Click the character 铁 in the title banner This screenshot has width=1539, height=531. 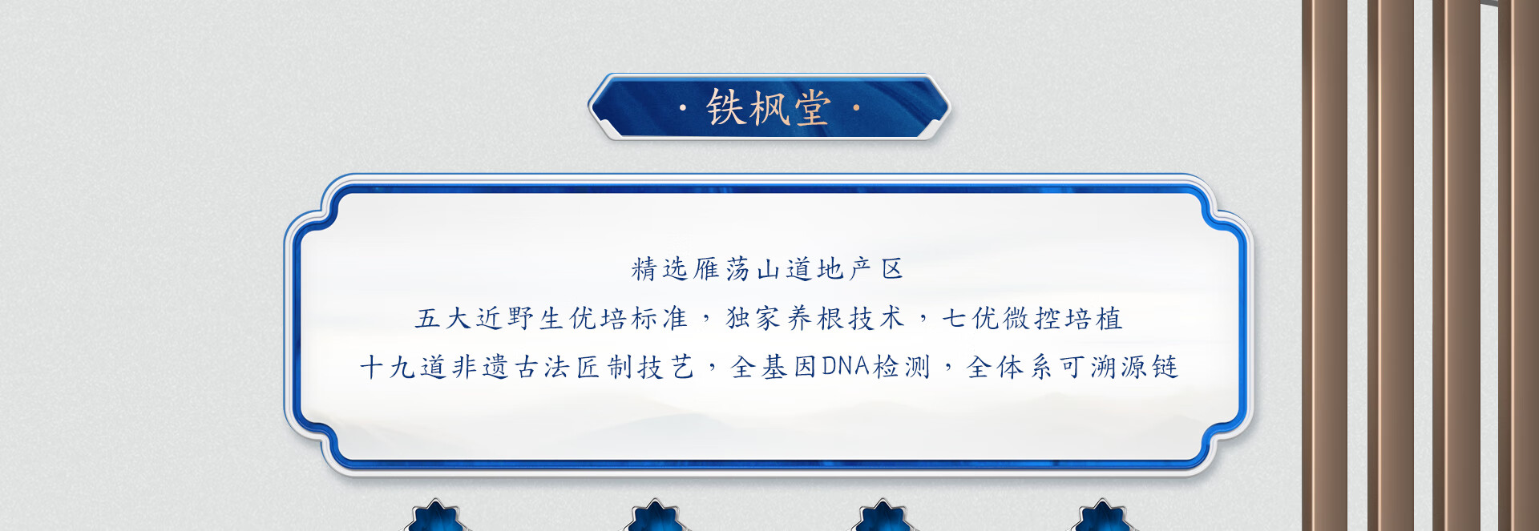725,108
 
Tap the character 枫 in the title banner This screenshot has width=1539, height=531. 769,108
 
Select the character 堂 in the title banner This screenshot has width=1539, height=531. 811,108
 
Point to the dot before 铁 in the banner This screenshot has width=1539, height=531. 683,108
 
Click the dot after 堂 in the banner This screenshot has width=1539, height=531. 856,108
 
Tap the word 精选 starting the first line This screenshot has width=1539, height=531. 660,269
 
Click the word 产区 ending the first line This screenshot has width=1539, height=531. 876,269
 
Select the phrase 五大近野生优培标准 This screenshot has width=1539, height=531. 551,319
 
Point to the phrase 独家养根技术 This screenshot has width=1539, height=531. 815,319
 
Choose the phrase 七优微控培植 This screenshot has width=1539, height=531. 1032,319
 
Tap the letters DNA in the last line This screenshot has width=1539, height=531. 846,367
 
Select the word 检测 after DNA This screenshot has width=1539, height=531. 902,368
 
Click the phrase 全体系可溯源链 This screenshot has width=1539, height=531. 1072,368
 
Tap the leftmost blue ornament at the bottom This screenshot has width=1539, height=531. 436,516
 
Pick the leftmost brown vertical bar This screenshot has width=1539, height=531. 1324,265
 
